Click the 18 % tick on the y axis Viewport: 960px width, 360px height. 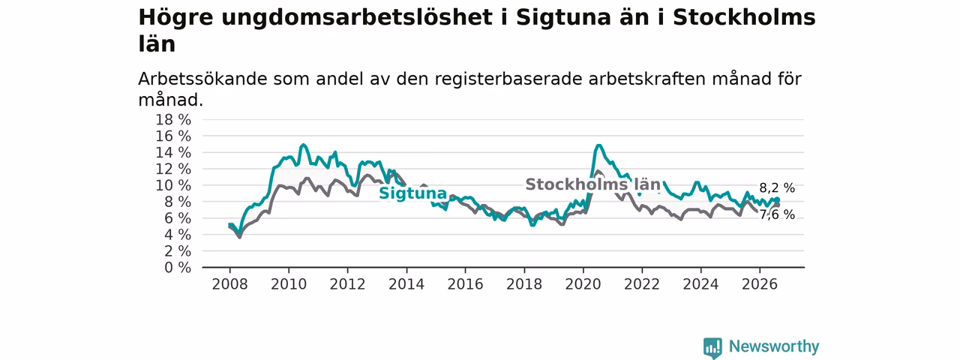coord(173,120)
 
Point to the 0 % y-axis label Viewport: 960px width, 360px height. coord(178,268)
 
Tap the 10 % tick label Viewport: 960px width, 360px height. coord(173,185)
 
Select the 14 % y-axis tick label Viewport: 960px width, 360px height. coord(173,153)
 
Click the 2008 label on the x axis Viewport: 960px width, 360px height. coord(229,284)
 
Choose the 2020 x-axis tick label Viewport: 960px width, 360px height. coord(583,284)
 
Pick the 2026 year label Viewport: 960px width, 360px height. coord(760,284)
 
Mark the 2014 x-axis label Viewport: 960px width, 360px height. coord(406,284)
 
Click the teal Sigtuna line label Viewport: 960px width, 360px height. coord(412,193)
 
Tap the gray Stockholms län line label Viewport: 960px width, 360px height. coord(593,184)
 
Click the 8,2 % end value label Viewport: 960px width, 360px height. coord(777,188)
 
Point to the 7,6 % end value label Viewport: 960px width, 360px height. coord(777,214)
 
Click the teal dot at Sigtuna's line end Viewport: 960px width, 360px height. coord(777,200)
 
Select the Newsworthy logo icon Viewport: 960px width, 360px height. coord(712,347)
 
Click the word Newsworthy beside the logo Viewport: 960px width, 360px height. coord(774,346)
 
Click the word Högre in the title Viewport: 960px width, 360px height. coord(175,18)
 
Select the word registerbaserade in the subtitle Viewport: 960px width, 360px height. coord(508,79)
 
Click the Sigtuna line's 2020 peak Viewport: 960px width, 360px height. coord(598,145)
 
